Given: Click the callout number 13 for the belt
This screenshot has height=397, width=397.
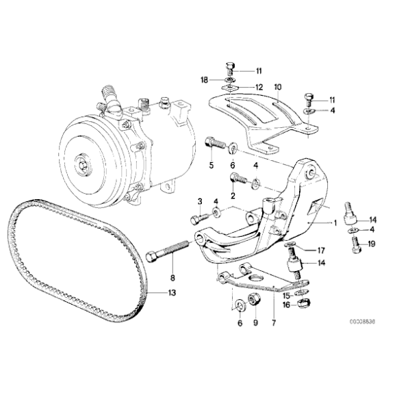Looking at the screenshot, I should [x=172, y=293].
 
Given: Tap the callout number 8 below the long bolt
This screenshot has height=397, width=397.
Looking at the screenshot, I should [x=172, y=277].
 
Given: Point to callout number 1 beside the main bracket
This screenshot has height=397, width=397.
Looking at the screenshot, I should [x=335, y=223].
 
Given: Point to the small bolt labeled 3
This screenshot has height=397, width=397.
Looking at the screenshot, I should [x=196, y=218].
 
